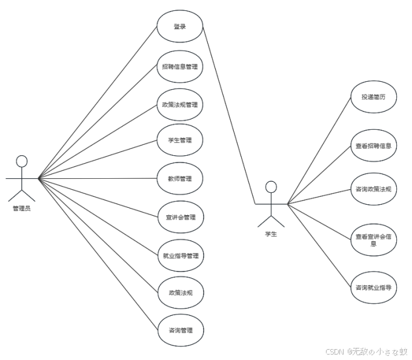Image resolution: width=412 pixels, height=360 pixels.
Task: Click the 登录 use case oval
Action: click(179, 27)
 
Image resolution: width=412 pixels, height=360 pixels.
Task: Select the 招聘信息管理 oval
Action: click(179, 66)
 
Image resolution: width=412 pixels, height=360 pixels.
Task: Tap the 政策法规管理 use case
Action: click(179, 104)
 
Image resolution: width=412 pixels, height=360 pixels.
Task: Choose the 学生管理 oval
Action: click(179, 140)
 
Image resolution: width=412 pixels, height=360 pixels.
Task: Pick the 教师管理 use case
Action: click(179, 179)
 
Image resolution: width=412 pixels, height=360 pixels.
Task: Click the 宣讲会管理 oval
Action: click(179, 217)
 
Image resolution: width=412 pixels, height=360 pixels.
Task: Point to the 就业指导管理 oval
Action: click(179, 255)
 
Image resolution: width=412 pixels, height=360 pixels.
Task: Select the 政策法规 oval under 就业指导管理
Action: click(179, 293)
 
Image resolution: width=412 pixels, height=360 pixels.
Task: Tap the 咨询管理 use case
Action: click(179, 330)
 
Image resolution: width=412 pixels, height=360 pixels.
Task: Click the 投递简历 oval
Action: click(374, 96)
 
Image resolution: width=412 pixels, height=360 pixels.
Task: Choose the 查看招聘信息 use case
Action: click(374, 145)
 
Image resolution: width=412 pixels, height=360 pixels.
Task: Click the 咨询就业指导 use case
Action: click(374, 288)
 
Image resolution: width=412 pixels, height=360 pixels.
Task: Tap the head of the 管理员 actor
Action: click(22, 161)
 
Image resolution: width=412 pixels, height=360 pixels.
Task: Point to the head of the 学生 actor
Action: click(271, 187)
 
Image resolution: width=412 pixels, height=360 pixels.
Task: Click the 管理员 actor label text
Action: click(22, 208)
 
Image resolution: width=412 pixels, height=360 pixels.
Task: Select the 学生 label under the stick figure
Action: click(271, 234)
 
